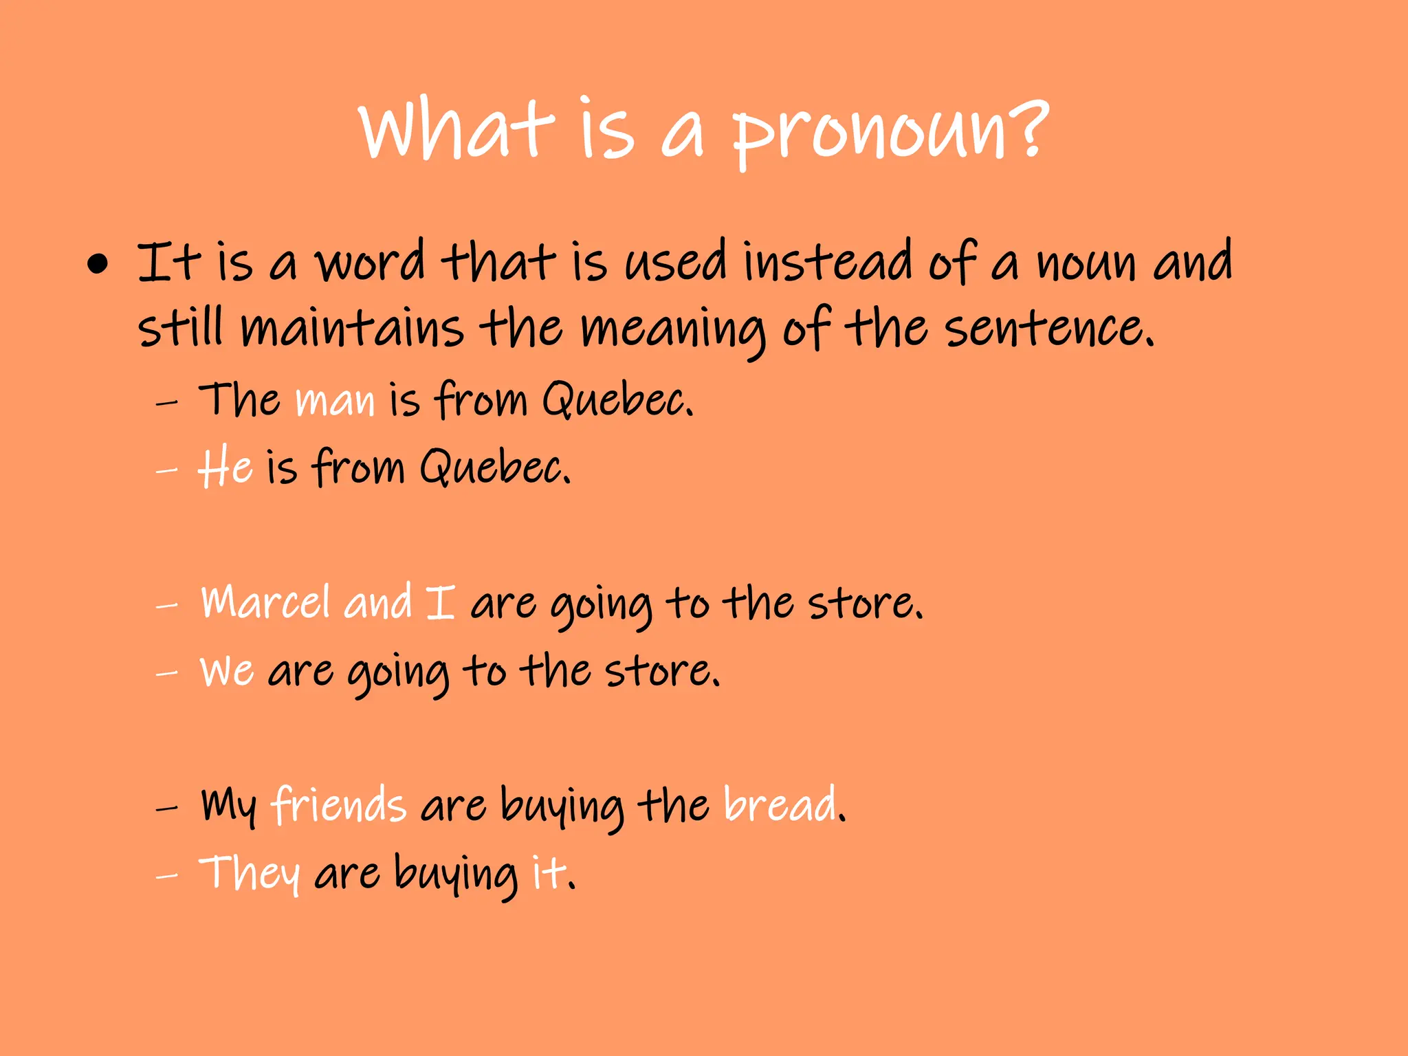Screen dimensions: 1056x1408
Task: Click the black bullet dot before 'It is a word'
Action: point(98,265)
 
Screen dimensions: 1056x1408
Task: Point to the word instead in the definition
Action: point(828,261)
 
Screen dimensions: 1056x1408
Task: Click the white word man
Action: point(335,401)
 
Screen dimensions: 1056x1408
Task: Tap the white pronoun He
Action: point(225,467)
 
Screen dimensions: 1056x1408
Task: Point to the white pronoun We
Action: point(227,670)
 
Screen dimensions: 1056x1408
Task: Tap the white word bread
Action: point(781,804)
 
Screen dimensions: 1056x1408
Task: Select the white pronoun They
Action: point(249,873)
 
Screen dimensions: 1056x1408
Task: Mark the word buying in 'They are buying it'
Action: point(455,874)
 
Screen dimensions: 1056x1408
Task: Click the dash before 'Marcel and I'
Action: point(166,606)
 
